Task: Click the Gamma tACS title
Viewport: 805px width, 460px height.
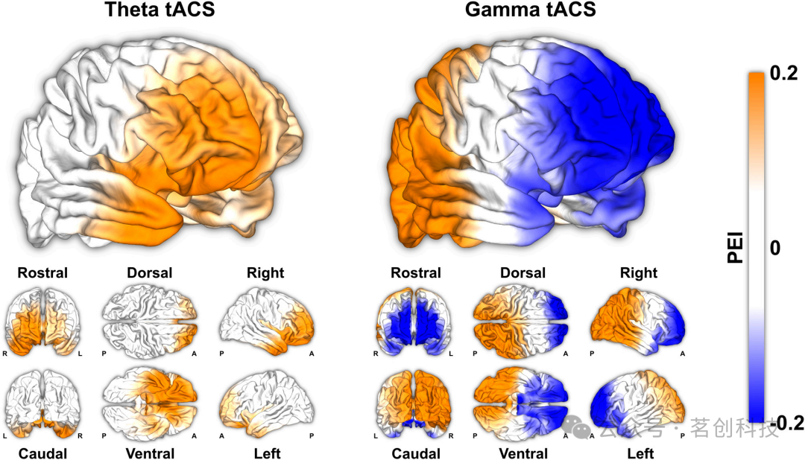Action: tap(530, 10)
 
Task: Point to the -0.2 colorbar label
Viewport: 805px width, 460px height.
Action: tap(787, 423)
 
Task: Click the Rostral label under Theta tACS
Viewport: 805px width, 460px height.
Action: tap(42, 273)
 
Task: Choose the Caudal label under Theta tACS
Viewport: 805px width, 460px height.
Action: tap(42, 453)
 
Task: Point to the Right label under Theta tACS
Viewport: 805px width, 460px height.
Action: tap(265, 273)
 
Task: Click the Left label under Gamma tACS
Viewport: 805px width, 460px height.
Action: tap(640, 453)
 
